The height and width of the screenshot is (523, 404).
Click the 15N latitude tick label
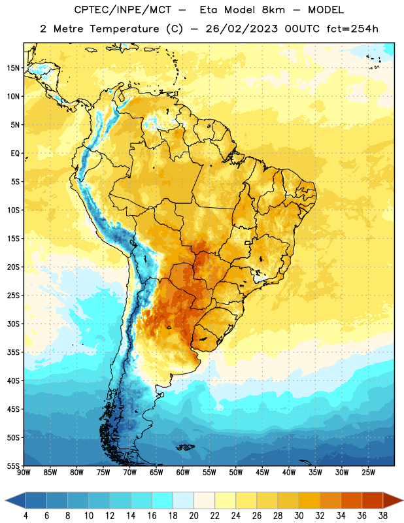13,68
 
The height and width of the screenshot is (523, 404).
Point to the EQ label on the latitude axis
15,154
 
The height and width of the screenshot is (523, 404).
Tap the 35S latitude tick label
13,352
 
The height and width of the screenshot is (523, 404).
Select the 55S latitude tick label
13,465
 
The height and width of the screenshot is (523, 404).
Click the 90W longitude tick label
24,472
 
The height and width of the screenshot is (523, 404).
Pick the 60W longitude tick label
183,472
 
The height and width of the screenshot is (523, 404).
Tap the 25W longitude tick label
368,472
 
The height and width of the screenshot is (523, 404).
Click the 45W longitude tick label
262,472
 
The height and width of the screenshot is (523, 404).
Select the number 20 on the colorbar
194,516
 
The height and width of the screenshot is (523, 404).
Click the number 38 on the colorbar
383,516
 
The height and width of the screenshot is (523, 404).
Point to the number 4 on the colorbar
25,516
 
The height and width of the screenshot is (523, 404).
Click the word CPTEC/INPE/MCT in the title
123,10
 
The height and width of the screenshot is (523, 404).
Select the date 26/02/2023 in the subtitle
241,29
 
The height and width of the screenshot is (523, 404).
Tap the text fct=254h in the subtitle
352,29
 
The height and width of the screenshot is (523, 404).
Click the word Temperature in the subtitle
124,29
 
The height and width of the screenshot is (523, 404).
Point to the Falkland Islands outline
185,447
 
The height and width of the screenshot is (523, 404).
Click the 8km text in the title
273,10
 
